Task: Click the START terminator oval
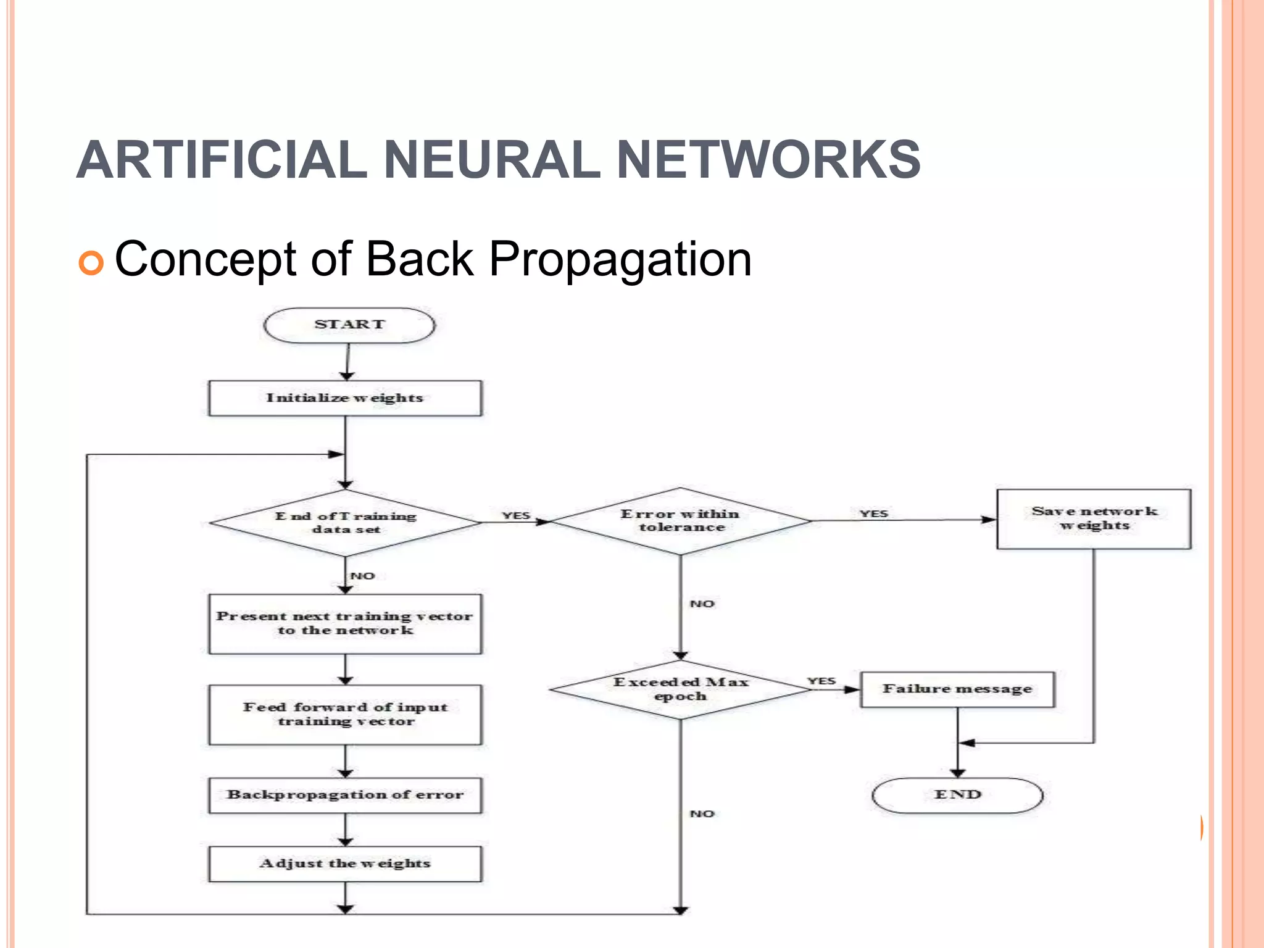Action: coord(349,325)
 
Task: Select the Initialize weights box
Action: coord(345,398)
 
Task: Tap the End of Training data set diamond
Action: coord(345,523)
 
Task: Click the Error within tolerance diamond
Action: coord(680,521)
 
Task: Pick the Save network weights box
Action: coord(1094,519)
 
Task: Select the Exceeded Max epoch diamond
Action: coord(680,689)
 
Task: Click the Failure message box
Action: coord(957,689)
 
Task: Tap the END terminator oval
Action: coord(957,795)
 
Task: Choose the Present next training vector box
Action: coord(345,624)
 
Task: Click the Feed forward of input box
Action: coord(345,715)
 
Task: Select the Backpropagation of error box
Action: coord(345,795)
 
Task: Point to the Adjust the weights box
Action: coord(345,863)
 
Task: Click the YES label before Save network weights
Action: coord(873,513)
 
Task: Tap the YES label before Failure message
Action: coord(821,681)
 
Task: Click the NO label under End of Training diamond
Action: coord(363,576)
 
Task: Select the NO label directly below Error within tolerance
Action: coord(702,604)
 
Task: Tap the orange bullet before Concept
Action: coord(91,263)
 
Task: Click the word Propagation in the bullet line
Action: coord(620,260)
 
